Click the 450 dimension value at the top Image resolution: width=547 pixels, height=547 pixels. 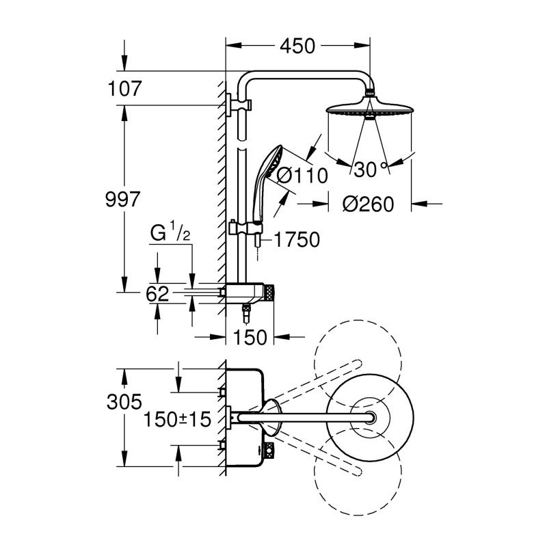297,46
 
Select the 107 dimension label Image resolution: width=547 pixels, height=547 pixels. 124,88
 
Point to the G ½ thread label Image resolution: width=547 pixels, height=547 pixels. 170,234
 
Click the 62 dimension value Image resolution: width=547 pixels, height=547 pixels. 157,295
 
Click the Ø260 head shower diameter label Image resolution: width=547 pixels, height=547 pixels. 369,204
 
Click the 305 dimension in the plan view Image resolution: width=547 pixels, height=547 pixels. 124,401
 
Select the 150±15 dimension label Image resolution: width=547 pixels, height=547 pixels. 177,418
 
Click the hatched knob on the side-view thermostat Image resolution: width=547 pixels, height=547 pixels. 269,293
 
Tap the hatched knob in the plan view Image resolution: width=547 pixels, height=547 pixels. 269,450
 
